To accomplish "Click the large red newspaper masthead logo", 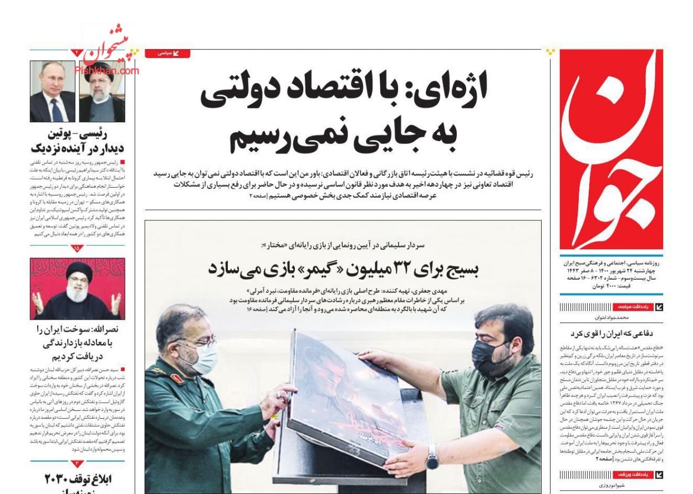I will pyautogui.click(x=611, y=150).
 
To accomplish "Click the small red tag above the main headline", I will pyautogui.click(x=167, y=53).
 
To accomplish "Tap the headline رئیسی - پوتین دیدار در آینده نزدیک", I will pyautogui.click(x=77, y=141).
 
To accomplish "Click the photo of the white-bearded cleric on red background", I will pyautogui.click(x=77, y=289).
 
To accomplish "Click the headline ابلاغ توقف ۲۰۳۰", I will pyautogui.click(x=78, y=479).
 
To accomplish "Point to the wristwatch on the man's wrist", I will pyautogui.click(x=432, y=457).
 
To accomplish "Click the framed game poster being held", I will pyautogui.click(x=346, y=407).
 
